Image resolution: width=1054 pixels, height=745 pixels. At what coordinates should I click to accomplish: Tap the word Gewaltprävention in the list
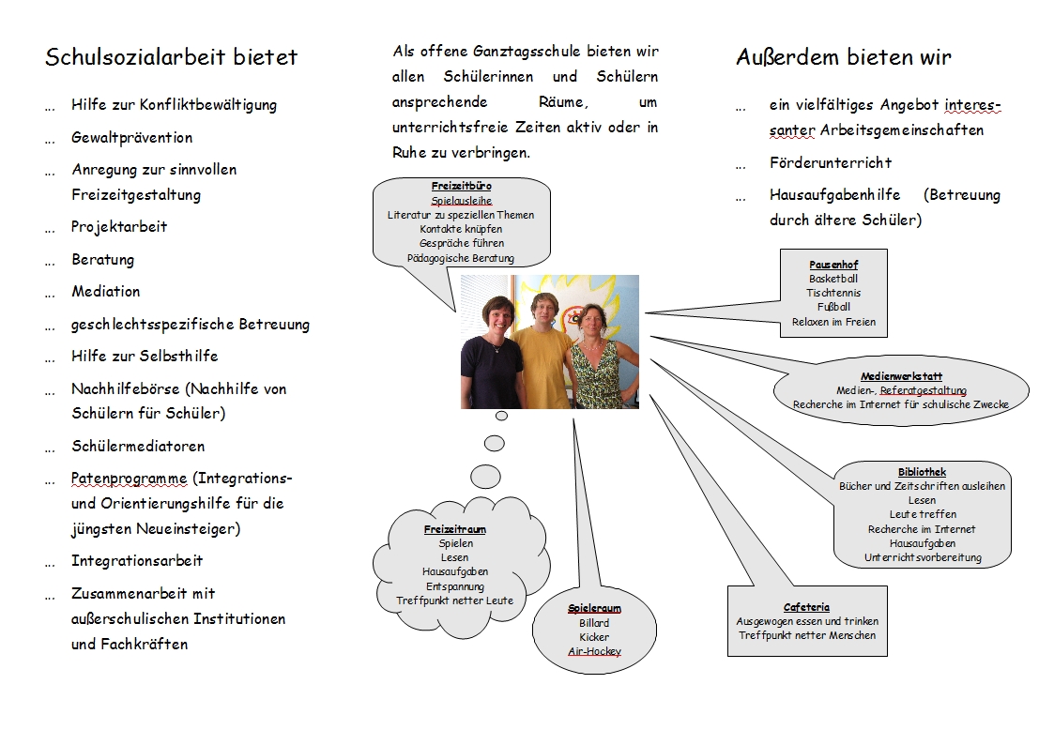131,138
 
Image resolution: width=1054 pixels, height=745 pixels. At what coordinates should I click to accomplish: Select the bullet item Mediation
105,292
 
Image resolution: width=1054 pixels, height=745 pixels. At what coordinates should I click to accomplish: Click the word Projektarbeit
119,227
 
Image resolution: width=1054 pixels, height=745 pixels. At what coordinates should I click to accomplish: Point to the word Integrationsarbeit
136,561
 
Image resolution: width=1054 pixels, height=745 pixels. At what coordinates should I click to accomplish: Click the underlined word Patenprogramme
130,479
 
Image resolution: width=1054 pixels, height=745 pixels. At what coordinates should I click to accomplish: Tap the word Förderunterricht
831,162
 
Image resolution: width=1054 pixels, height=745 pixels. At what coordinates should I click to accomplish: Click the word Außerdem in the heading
787,57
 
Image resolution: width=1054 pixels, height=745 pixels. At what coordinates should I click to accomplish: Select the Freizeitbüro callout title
461,186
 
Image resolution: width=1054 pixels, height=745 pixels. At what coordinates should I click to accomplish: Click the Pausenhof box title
833,265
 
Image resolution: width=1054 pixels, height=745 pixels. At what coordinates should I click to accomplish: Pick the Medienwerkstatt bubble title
901,376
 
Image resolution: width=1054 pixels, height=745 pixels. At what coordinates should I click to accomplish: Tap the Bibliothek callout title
922,472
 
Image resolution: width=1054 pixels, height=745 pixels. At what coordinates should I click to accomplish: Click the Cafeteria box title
806,607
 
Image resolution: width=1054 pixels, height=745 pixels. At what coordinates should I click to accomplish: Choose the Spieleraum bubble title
594,608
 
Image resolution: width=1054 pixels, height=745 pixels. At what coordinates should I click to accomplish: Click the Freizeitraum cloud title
455,529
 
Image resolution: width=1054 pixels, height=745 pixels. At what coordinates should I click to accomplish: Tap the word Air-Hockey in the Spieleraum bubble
594,651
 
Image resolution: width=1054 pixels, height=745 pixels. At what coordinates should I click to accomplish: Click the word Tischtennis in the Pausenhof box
833,293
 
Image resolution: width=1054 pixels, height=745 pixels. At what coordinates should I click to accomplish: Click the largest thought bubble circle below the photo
485,477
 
